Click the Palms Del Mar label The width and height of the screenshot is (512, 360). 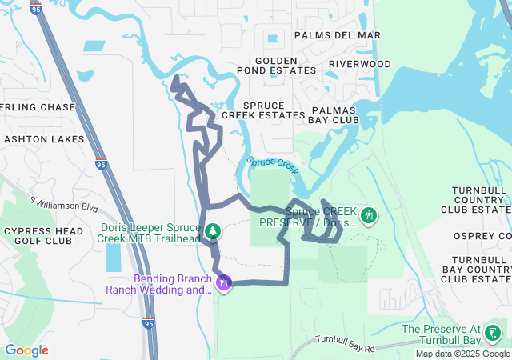[337, 35]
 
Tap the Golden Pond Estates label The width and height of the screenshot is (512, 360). [286, 66]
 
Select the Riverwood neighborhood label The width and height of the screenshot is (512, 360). [360, 64]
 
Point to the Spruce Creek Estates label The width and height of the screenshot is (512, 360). [263, 110]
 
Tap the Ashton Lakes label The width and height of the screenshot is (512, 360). [44, 139]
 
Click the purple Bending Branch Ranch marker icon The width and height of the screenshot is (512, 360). [224, 282]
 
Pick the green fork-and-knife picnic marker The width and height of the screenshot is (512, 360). [369, 215]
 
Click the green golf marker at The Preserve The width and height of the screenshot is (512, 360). [494, 333]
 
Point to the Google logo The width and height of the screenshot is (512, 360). [26, 350]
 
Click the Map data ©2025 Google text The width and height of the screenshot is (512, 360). [462, 354]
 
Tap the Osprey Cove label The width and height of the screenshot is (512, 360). [481, 236]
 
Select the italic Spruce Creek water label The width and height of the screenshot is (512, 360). [273, 166]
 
